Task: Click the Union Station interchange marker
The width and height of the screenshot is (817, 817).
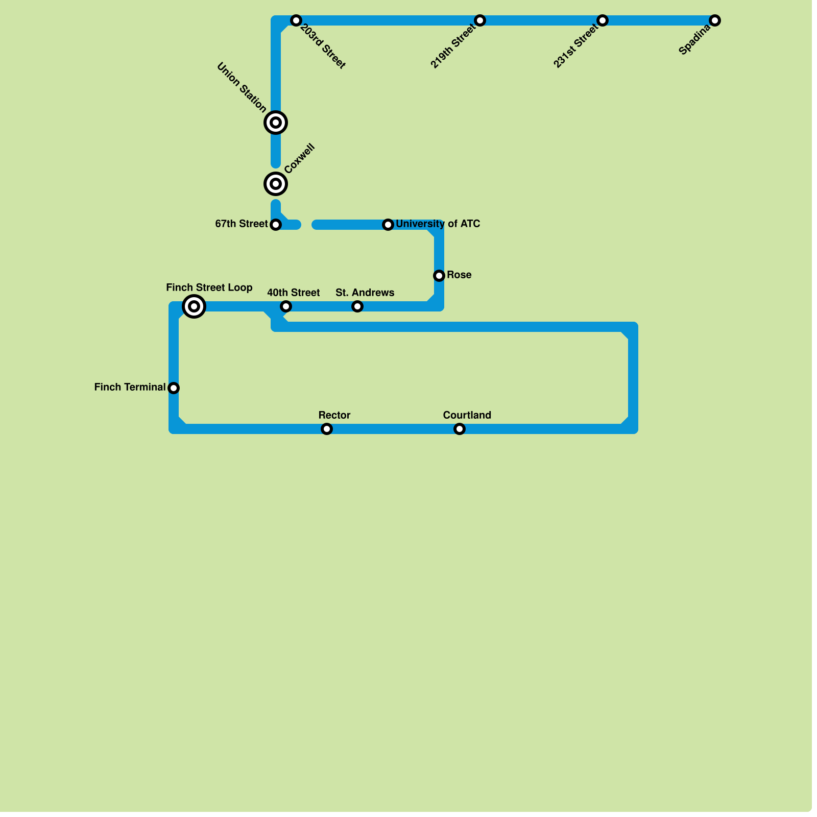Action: [276, 123]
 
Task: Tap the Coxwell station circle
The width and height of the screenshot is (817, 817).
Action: [276, 184]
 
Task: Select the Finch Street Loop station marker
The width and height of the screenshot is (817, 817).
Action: [194, 306]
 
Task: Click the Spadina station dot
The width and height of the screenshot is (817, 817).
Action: [715, 20]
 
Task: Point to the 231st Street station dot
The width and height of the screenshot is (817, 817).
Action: [603, 20]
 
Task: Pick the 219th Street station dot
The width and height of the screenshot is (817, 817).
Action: [480, 20]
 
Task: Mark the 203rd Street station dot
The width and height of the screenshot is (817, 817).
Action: [296, 20]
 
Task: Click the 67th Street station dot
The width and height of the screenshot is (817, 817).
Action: [276, 225]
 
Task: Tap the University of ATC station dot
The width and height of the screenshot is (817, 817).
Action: [388, 225]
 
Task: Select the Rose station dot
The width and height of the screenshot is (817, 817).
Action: [439, 276]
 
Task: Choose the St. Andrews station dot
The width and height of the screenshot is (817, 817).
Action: [357, 306]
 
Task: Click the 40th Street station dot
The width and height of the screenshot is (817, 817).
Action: [286, 306]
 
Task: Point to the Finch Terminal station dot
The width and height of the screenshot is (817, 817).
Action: [174, 388]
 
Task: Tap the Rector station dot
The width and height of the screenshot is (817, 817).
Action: [327, 429]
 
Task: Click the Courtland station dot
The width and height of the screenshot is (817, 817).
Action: [460, 429]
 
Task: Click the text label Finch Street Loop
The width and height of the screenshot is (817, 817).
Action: [209, 288]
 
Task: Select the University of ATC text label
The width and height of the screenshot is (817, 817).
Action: [438, 224]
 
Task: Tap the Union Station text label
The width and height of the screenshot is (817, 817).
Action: [242, 88]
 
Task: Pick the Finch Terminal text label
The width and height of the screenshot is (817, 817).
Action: [130, 388]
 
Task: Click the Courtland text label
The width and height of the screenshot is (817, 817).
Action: [467, 416]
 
